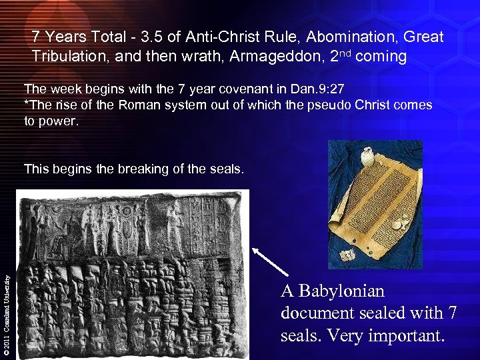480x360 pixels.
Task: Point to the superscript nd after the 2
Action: [344, 53]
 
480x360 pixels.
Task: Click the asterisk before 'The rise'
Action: [26, 105]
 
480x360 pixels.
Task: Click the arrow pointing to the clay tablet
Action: [271, 261]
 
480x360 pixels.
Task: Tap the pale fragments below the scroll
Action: [347, 254]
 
